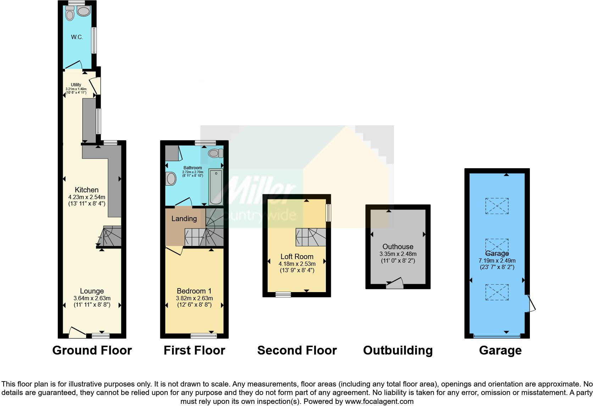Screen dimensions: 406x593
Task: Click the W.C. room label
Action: pos(77,37)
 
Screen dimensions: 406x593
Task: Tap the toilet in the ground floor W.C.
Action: pos(70,14)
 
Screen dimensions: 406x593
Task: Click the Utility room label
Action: pos(76,85)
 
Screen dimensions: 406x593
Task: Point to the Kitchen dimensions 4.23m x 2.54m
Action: pos(87,197)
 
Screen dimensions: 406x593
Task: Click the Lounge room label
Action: pos(92,291)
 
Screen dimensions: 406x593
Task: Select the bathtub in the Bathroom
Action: pos(216,187)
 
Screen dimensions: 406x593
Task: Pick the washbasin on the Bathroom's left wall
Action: pos(171,179)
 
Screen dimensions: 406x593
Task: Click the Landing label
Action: pos(184,219)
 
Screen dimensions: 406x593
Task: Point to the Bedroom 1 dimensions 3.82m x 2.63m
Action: pos(194,298)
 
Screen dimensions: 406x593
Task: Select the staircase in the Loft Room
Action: pos(311,237)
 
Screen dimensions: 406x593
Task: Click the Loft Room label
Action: pos(297,257)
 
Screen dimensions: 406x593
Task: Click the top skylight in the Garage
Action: pos(497,206)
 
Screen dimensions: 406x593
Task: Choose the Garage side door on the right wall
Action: pos(531,304)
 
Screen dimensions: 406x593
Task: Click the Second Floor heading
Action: pos(297,350)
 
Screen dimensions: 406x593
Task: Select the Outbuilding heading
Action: pos(398,350)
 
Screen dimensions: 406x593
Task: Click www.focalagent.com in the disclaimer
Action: pos(379,401)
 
